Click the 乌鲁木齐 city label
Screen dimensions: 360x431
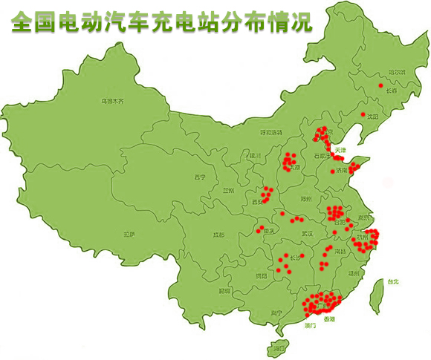[x=112, y=100]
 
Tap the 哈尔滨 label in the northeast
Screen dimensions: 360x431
[x=377, y=72]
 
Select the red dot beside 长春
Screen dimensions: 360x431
[x=380, y=86]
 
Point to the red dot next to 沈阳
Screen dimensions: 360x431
[x=363, y=115]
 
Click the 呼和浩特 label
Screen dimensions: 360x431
[x=270, y=132]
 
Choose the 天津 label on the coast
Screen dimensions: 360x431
[x=340, y=150]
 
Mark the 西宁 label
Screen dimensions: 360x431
[x=199, y=177]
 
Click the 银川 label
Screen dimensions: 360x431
[x=255, y=156]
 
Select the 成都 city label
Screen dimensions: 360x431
[x=218, y=235]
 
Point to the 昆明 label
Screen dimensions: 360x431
[x=224, y=290]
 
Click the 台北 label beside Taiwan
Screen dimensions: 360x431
[x=392, y=281]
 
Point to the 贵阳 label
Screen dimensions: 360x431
[x=259, y=275]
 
